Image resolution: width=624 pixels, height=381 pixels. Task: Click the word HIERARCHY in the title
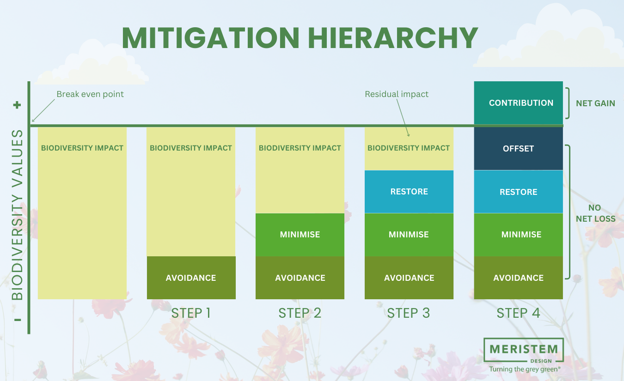click(x=392, y=38)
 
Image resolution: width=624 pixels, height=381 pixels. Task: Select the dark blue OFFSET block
click(x=518, y=149)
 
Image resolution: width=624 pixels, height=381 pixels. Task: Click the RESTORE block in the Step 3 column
click(x=409, y=192)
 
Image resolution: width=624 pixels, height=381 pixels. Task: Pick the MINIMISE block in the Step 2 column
click(x=300, y=235)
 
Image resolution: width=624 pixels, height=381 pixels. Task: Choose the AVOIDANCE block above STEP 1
click(x=191, y=278)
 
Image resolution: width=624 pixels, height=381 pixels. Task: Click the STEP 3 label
click(x=409, y=313)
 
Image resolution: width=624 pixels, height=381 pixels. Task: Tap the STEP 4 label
click(x=518, y=313)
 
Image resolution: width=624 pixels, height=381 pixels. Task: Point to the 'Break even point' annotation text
click(x=90, y=94)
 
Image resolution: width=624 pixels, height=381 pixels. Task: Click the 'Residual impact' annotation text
click(x=397, y=94)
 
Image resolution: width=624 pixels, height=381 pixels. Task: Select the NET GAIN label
click(x=595, y=103)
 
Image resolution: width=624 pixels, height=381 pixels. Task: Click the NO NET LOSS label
click(x=595, y=213)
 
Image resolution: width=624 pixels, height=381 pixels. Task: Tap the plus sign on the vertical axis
click(x=17, y=105)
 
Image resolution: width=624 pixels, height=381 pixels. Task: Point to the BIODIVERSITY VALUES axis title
click(x=17, y=215)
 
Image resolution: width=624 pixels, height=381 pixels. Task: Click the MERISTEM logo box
click(x=523, y=350)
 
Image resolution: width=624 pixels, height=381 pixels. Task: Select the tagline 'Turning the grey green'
click(x=525, y=369)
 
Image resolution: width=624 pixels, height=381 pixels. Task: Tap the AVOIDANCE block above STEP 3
click(x=409, y=278)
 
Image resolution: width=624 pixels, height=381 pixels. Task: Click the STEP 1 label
click(x=191, y=313)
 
